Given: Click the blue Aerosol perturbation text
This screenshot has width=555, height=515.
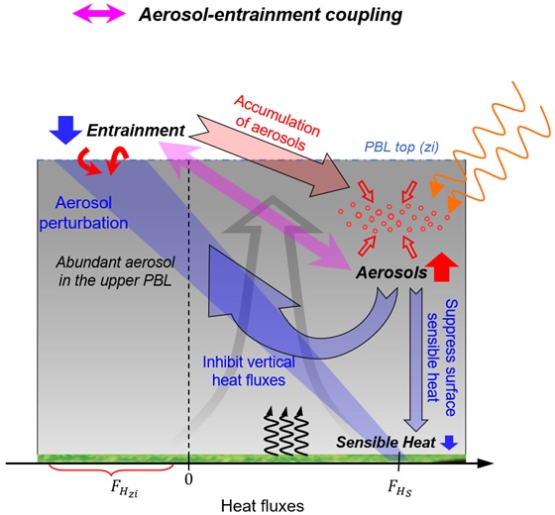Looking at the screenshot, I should pyautogui.click(x=85, y=210).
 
